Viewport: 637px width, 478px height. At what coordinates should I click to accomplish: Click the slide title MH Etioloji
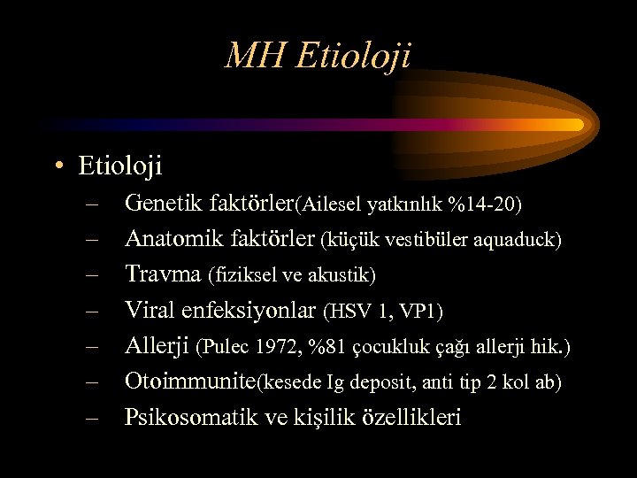(x=318, y=57)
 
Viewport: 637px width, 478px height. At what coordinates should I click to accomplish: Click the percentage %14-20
(x=485, y=205)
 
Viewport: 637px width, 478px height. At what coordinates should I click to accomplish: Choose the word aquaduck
(x=518, y=240)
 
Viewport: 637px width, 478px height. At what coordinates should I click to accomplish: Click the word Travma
(x=164, y=274)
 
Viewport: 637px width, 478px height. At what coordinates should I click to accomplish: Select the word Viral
(x=150, y=310)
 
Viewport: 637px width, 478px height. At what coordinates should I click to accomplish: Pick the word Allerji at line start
(x=157, y=345)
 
